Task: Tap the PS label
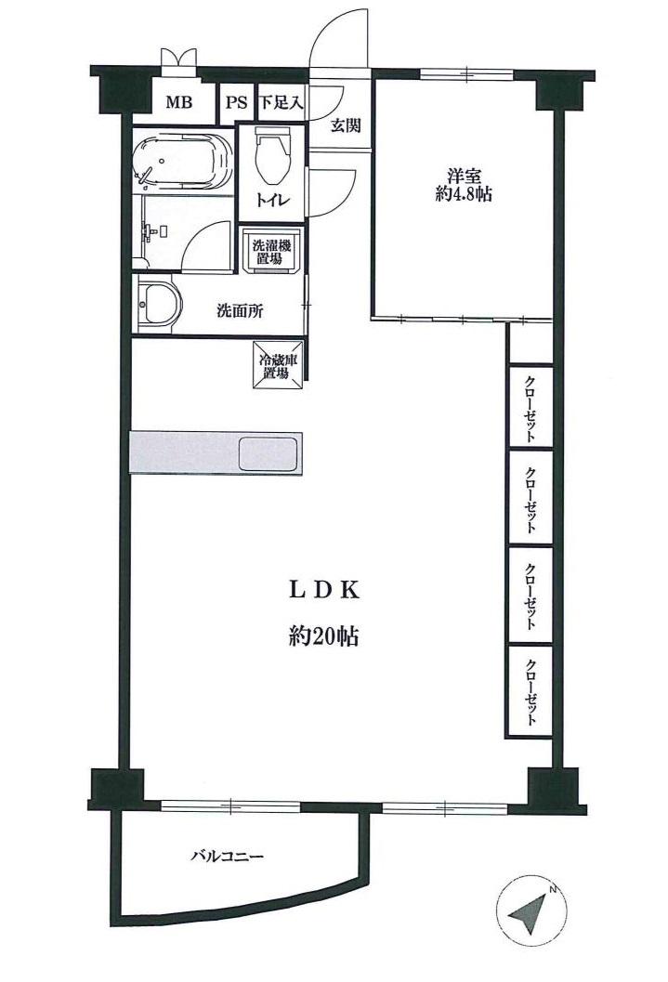[234, 102]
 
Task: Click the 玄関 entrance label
[346, 125]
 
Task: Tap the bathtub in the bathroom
[183, 162]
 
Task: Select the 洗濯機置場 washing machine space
[272, 251]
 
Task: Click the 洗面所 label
[240, 311]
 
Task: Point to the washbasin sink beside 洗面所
[157, 306]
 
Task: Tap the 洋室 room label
[463, 174]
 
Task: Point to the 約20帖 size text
[323, 637]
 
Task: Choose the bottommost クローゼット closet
[530, 692]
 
